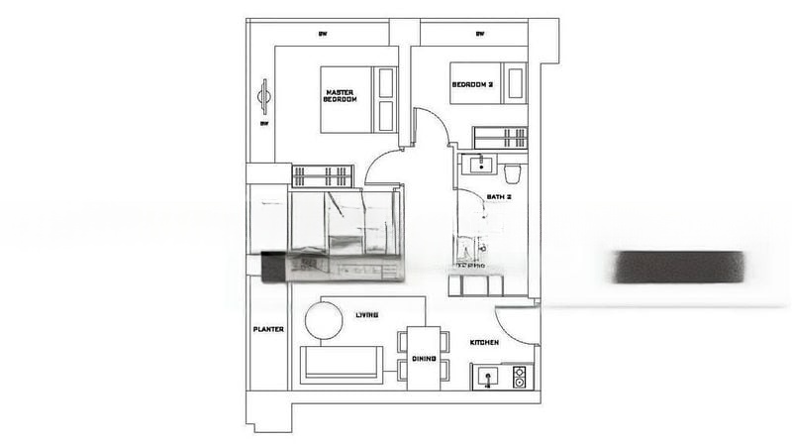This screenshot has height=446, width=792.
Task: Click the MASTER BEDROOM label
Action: point(341,96)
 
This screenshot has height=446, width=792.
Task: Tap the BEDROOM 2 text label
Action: point(472,85)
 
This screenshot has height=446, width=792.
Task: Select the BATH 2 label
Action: point(499,197)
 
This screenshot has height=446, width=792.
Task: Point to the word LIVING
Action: point(366,315)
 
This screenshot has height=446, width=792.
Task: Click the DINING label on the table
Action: point(424,359)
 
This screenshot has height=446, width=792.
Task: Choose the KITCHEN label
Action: point(484,343)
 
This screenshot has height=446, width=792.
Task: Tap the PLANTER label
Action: point(268,329)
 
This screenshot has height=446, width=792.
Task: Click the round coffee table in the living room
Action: point(323,320)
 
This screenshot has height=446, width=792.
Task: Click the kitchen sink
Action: point(487,378)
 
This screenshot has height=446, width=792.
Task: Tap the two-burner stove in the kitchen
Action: point(519,378)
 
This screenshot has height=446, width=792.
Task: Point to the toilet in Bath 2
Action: point(511,174)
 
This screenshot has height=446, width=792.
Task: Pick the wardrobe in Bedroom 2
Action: point(499,138)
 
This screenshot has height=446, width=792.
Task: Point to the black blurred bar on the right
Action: point(680,267)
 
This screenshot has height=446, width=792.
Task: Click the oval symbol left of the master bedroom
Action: point(264,96)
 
